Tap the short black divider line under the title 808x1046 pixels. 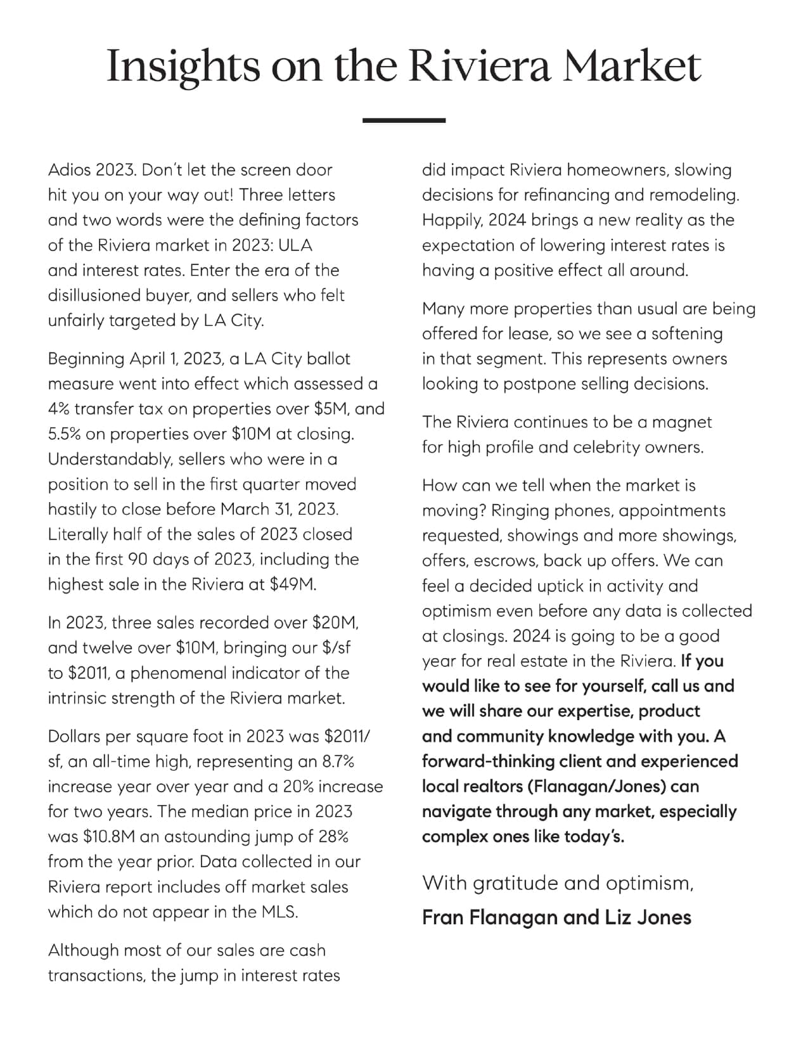pyautogui.click(x=404, y=120)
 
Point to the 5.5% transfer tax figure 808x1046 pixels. pyautogui.click(x=66, y=434)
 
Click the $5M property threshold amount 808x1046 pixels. pyautogui.click(x=331, y=409)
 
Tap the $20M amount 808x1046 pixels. pyautogui.click(x=335, y=623)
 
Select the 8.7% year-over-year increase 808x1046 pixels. pyautogui.click(x=338, y=761)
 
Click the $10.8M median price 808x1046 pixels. pyautogui.click(x=108, y=837)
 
